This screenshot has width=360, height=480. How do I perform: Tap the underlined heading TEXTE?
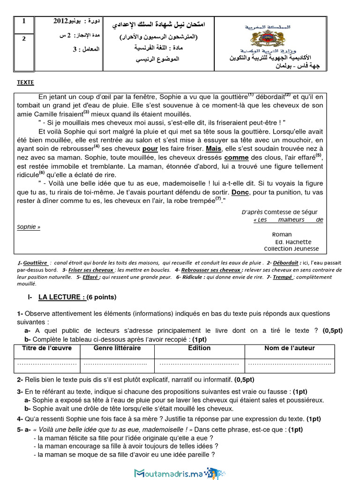pos(25,82)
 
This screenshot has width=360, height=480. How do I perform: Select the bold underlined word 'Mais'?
pos(213,149)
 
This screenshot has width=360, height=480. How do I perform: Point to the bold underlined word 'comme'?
pos(236,157)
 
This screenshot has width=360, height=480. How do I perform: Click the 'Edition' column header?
pos(199,348)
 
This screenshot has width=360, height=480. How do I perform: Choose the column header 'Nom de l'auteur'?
pos(289,348)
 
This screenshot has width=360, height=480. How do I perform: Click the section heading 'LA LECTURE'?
pos(61,297)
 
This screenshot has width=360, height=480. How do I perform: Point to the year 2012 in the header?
pos(64,22)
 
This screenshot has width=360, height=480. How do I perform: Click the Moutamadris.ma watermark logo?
pos(178,473)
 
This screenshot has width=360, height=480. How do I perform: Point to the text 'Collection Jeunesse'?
pos(291,249)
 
